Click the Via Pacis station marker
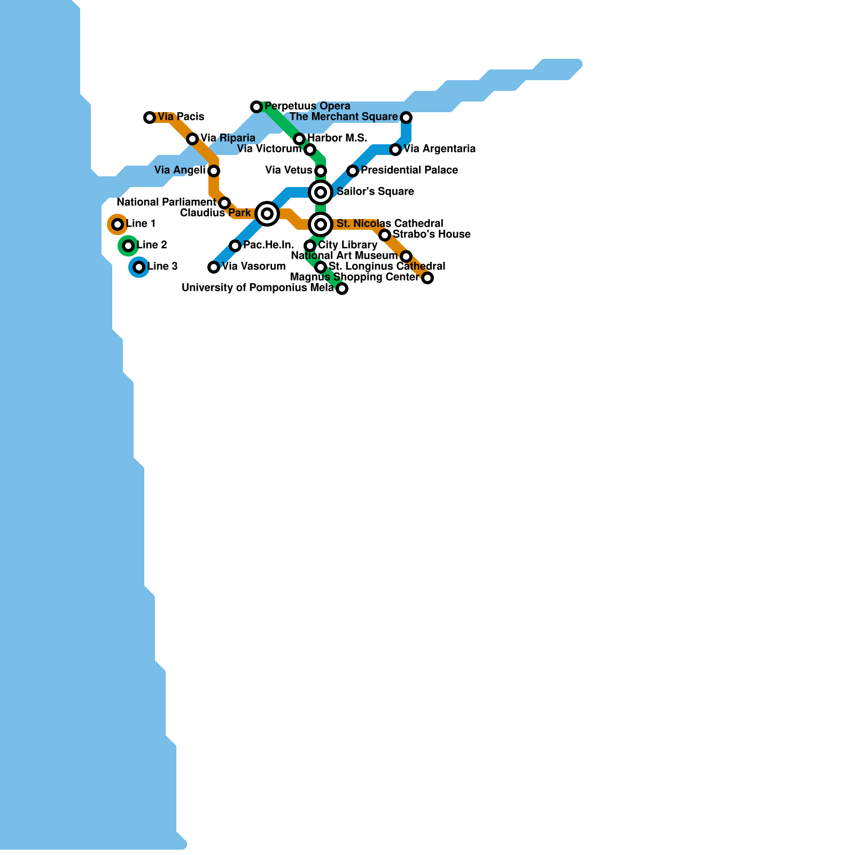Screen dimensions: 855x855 (150, 118)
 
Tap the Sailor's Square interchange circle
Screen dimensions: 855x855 (321, 192)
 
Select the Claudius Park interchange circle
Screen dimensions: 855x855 (267, 214)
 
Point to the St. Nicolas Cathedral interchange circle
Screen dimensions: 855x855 (321, 224)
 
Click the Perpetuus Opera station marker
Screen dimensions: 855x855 (256, 107)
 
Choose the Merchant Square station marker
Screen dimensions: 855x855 (406, 118)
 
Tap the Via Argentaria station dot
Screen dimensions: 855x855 (395, 150)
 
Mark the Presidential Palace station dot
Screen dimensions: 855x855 (353, 171)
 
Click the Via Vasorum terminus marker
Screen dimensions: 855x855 (214, 267)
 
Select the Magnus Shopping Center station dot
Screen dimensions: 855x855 (428, 278)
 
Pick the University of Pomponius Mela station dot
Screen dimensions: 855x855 (342, 289)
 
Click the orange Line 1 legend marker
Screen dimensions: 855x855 (118, 224)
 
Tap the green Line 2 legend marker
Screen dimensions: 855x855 (128, 246)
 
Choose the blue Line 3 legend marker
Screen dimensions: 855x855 (139, 267)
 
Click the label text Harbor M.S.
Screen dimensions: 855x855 (337, 138)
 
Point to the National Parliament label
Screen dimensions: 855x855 (166, 203)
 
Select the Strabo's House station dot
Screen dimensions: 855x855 (385, 235)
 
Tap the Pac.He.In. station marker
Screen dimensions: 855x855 (235, 246)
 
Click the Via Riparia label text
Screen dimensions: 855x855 (228, 138)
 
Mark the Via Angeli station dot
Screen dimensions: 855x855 (214, 171)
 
